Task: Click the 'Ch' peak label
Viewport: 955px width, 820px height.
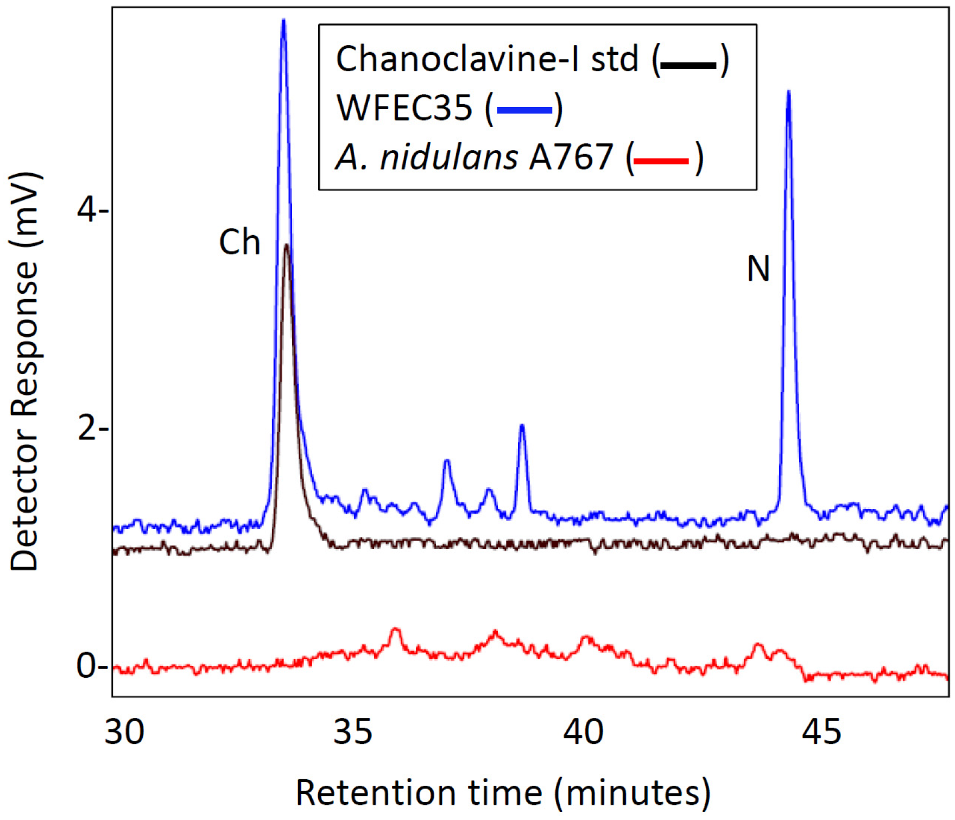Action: coord(239,242)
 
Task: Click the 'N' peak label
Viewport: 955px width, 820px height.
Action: coord(758,268)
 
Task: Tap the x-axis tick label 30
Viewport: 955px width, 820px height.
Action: coord(124,731)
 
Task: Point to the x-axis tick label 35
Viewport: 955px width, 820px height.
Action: coord(353,731)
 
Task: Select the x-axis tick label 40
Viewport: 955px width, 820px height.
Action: coord(583,731)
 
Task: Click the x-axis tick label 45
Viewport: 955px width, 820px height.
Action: coord(821,731)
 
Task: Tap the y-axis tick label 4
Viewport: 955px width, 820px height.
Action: coord(88,210)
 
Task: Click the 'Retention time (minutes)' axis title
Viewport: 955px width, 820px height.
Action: coord(503,792)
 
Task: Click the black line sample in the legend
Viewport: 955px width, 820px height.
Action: coord(688,65)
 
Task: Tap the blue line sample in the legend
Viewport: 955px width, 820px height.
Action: coord(524,110)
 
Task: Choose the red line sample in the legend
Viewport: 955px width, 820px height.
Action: coord(661,161)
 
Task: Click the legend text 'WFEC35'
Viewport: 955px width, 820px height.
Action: coord(404,108)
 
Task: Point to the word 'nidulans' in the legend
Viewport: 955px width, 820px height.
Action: coord(448,157)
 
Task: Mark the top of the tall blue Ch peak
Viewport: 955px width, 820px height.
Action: coord(283,21)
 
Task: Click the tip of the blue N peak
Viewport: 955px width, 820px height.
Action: coord(788,92)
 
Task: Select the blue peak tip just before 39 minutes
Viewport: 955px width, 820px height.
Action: coord(522,426)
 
